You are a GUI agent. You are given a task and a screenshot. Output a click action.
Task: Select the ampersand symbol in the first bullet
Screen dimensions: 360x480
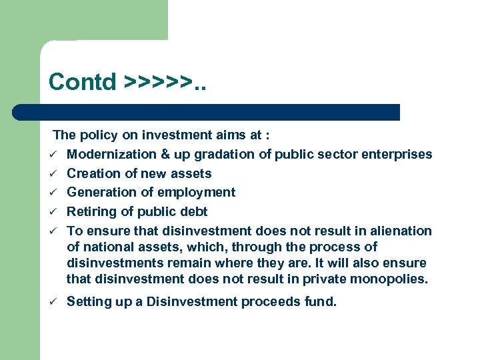click(x=165, y=155)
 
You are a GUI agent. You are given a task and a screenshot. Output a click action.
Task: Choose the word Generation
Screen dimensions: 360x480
click(x=102, y=193)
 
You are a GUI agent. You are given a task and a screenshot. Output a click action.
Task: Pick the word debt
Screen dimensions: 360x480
click(x=193, y=212)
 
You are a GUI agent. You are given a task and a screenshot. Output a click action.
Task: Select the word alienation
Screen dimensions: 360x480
click(x=402, y=231)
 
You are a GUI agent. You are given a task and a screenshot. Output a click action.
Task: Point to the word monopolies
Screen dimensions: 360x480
click(x=390, y=279)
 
